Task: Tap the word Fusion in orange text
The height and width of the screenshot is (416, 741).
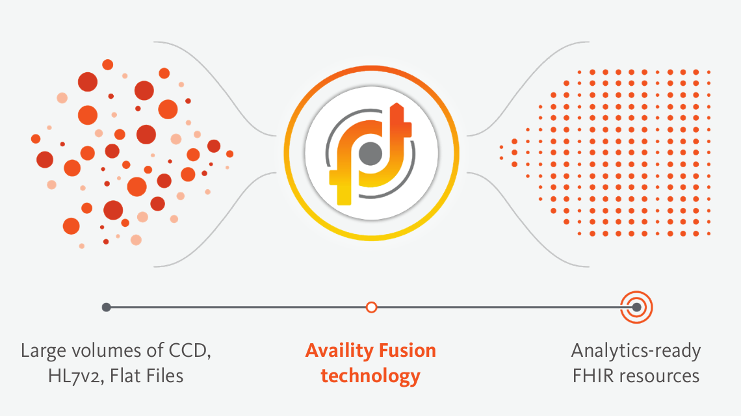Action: (x=406, y=352)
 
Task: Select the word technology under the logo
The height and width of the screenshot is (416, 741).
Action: (x=370, y=376)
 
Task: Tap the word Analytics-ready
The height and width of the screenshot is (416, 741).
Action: (x=636, y=352)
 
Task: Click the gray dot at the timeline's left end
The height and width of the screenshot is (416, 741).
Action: (x=107, y=307)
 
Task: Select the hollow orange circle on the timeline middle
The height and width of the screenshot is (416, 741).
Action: (x=371, y=307)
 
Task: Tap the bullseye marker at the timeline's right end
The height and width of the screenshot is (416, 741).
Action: (x=636, y=307)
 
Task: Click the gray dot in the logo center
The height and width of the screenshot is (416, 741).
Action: (x=370, y=154)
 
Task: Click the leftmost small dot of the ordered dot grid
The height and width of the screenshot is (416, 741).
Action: (x=501, y=147)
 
